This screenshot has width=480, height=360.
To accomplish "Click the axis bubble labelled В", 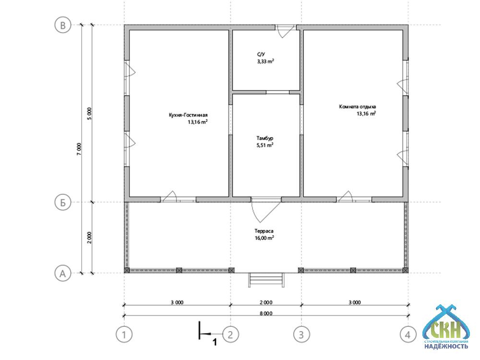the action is click(63, 25).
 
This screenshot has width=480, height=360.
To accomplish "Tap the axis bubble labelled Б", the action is click(63, 203).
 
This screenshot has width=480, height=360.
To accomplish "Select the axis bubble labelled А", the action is click(63, 273).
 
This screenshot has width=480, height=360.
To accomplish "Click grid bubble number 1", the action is click(124, 335).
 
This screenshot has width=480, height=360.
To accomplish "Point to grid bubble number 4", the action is click(408, 335).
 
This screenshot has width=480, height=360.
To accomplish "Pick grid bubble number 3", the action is click(301, 335).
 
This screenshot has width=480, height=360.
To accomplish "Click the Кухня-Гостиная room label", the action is click(188, 115).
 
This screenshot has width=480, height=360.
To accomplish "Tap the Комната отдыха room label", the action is click(358, 107).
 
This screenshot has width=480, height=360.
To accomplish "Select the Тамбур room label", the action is click(265, 138).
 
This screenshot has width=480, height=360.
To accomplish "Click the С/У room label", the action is click(261, 55).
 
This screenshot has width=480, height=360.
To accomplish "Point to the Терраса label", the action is click(264, 231).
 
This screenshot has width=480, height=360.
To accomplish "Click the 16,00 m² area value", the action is click(264, 238).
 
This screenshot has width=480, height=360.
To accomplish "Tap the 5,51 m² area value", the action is click(265, 145).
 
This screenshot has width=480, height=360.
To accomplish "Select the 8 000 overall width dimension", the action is click(266, 313).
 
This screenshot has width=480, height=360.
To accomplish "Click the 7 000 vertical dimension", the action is click(79, 149).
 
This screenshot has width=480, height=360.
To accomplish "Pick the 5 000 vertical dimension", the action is click(89, 114).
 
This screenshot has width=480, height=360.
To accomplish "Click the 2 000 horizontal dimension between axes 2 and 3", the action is click(266, 302).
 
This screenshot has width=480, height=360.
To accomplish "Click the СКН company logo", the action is click(446, 327).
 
